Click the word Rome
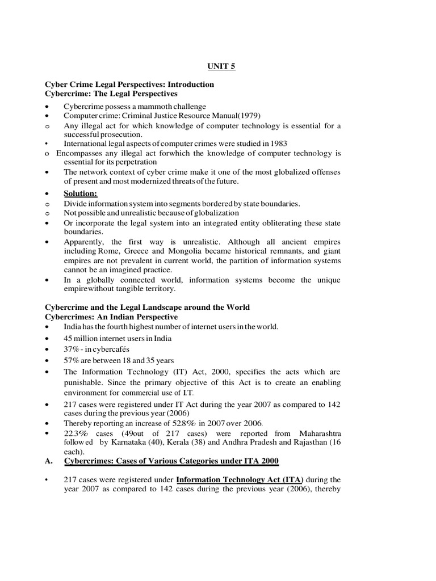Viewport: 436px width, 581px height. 110,251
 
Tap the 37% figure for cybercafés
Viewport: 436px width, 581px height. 73,349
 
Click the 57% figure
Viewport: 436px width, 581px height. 73,360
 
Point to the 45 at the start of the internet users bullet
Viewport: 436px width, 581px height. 69,338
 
